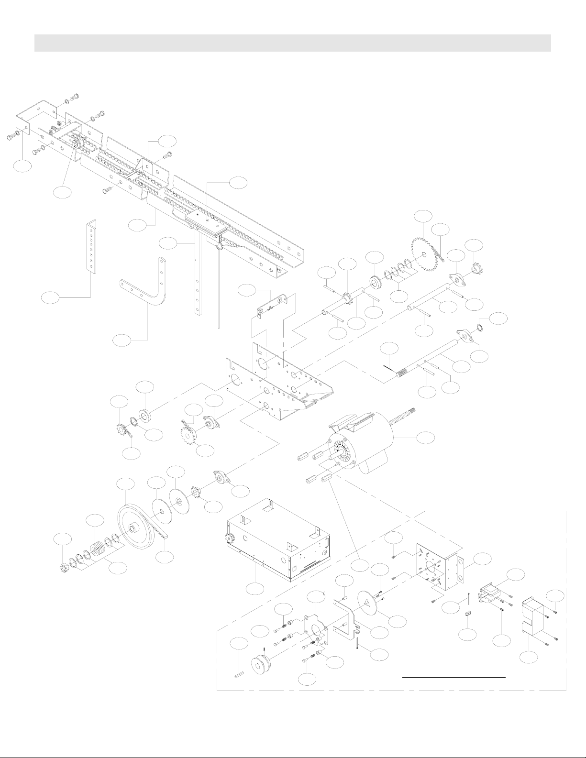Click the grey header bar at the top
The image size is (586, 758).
(x=292, y=43)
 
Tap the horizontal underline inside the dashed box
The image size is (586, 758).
(x=453, y=677)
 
